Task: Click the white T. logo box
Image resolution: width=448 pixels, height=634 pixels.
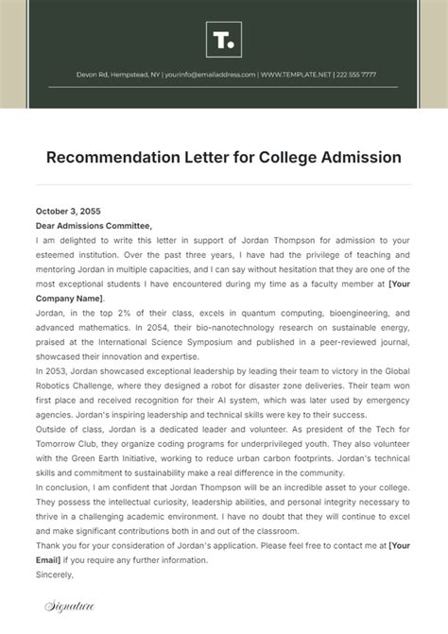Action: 224,41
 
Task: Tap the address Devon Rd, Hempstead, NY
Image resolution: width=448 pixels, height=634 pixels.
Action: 117,75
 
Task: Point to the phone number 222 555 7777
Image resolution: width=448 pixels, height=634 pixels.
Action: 355,75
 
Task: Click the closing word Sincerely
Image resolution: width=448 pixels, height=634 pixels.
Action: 54,573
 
